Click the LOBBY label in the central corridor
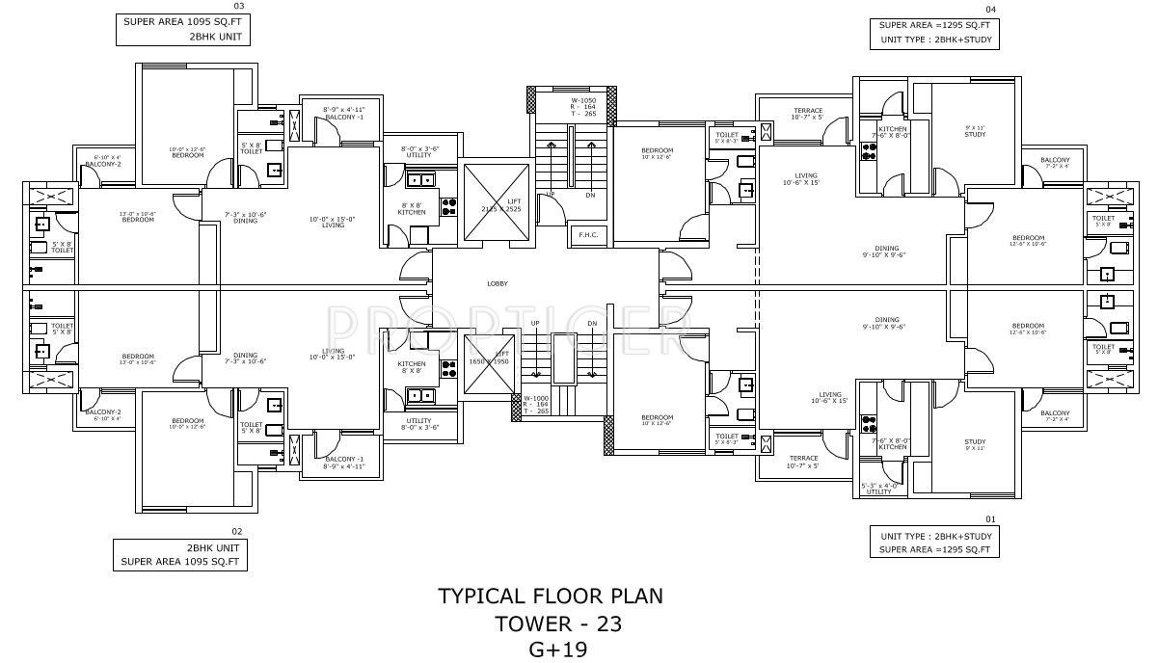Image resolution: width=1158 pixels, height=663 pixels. pos(498,283)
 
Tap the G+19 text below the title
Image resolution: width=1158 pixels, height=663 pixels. pos(557,649)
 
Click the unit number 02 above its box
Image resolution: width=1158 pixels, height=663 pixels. pos(235,531)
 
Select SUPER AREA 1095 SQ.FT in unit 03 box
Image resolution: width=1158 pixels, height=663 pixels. pos(182,21)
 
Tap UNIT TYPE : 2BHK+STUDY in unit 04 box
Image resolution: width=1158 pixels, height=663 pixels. pos(935,40)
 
